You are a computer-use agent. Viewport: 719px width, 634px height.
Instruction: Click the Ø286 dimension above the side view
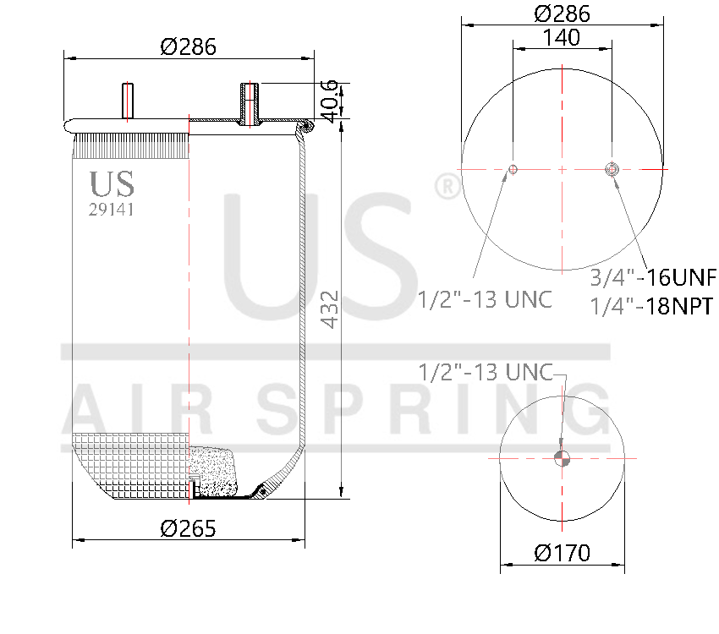(188, 47)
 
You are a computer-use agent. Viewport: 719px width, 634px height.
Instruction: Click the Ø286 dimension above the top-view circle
(562, 14)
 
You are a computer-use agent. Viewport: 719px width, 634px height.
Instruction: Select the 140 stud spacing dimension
(562, 37)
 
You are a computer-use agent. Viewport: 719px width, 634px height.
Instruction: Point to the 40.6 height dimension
(330, 99)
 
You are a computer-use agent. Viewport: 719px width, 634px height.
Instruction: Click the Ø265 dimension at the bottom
(188, 528)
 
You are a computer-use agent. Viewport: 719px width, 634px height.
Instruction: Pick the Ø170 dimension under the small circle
(563, 554)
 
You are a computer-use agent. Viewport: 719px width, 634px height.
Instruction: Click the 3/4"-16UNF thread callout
(652, 277)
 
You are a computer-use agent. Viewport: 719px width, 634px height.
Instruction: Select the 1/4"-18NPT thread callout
(652, 306)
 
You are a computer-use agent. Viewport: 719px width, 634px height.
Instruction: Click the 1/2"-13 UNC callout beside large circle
(485, 299)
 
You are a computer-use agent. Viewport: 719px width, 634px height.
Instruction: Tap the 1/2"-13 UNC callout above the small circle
(486, 372)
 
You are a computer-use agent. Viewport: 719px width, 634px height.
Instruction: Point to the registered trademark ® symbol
(446, 187)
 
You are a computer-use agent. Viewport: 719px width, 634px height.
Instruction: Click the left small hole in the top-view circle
(513, 170)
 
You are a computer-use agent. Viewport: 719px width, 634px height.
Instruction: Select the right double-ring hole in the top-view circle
(612, 170)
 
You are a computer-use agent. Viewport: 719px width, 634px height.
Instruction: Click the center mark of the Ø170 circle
(562, 459)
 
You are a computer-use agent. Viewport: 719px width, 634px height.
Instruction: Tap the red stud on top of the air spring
(129, 101)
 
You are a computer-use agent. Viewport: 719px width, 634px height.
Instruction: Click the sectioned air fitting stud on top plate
(250, 103)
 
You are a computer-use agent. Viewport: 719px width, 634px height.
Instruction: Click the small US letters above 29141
(111, 183)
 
